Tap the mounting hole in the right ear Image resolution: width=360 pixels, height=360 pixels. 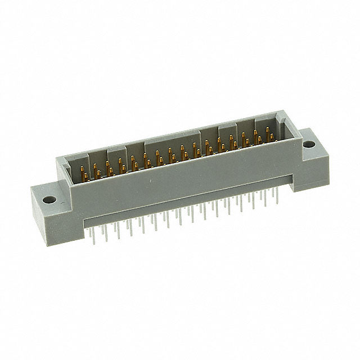pyautogui.click(x=308, y=145)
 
